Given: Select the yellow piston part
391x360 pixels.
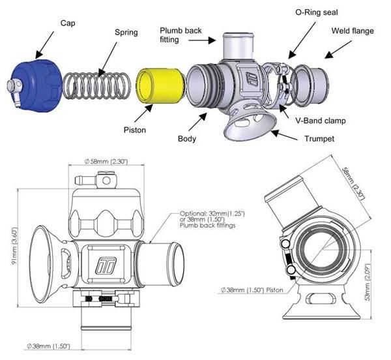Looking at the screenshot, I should point(157,84).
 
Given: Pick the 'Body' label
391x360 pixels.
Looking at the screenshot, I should point(188,138).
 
